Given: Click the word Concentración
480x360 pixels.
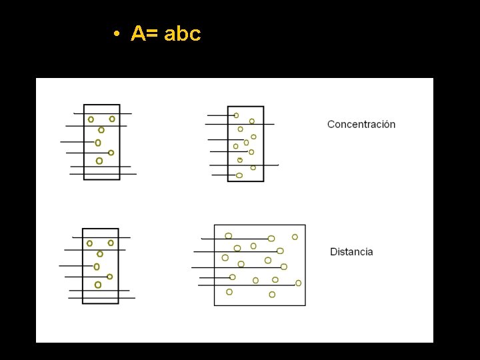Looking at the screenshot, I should pyautogui.click(x=361, y=124).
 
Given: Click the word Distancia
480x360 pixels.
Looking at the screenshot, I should pyautogui.click(x=351, y=252).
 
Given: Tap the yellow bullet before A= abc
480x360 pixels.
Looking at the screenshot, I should pyautogui.click(x=116, y=34).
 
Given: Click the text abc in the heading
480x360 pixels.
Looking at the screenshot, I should pyautogui.click(x=182, y=34).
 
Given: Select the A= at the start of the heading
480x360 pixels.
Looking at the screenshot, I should pyautogui.click(x=145, y=34).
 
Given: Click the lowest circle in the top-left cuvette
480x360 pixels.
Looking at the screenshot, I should pyautogui.click(x=99, y=161).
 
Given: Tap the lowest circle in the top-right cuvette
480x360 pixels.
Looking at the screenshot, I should pyautogui.click(x=239, y=175).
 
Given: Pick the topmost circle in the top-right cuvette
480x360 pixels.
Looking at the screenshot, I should pyautogui.click(x=236, y=115).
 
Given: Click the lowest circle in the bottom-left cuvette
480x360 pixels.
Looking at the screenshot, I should pyautogui.click(x=98, y=285).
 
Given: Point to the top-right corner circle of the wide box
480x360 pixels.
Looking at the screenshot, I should pyautogui.click(x=295, y=237).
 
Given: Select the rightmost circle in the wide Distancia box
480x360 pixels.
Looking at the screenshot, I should pyautogui.click(x=298, y=283).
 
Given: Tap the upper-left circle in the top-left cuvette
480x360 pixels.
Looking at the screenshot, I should pyautogui.click(x=91, y=119).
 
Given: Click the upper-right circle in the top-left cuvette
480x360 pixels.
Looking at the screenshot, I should pyautogui.click(x=112, y=119).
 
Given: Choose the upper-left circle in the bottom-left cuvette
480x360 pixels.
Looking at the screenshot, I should pyautogui.click(x=89, y=243).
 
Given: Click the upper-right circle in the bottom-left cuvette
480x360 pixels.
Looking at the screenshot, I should pyautogui.click(x=111, y=243).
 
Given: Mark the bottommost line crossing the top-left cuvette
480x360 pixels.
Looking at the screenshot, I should pyautogui.click(x=103, y=174).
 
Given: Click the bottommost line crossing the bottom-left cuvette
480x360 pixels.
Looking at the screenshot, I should pyautogui.click(x=102, y=298).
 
